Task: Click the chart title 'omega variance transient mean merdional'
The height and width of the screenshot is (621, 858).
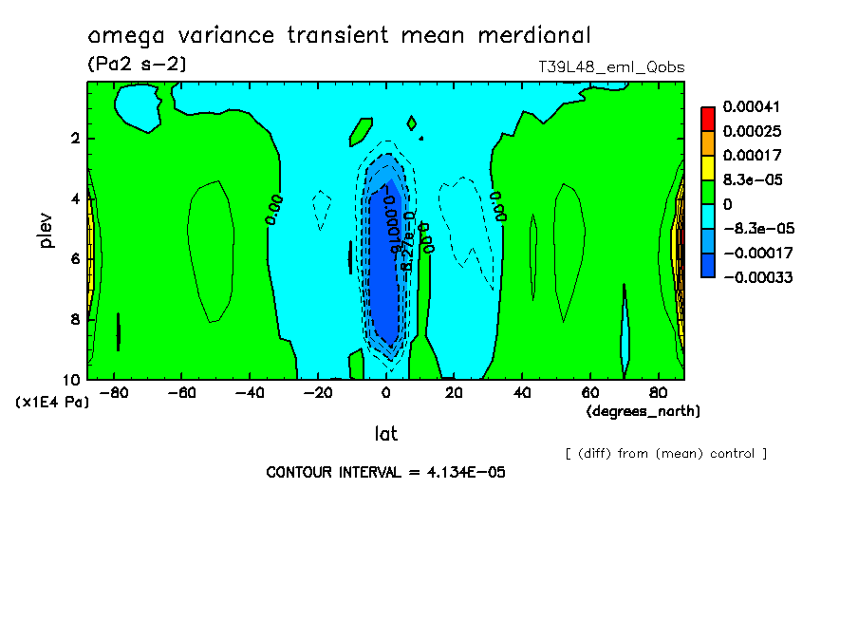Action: [339, 36]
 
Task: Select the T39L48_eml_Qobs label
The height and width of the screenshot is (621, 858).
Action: [611, 67]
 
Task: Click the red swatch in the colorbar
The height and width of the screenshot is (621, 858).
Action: [708, 118]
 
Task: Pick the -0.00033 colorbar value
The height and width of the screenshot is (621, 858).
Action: [758, 277]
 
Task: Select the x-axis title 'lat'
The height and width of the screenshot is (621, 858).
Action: [385, 433]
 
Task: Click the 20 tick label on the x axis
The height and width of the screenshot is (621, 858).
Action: [454, 392]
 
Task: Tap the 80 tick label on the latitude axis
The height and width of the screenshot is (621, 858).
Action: [658, 392]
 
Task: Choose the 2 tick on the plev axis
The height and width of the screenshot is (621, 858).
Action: [73, 139]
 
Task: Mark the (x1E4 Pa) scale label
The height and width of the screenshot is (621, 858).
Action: [53, 403]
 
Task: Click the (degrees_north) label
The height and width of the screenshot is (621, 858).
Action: [643, 411]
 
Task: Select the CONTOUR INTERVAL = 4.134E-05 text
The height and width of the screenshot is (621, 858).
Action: [385, 472]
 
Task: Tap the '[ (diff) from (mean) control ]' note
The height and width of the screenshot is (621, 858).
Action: [665, 453]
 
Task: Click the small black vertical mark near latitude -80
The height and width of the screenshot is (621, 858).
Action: [119, 331]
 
